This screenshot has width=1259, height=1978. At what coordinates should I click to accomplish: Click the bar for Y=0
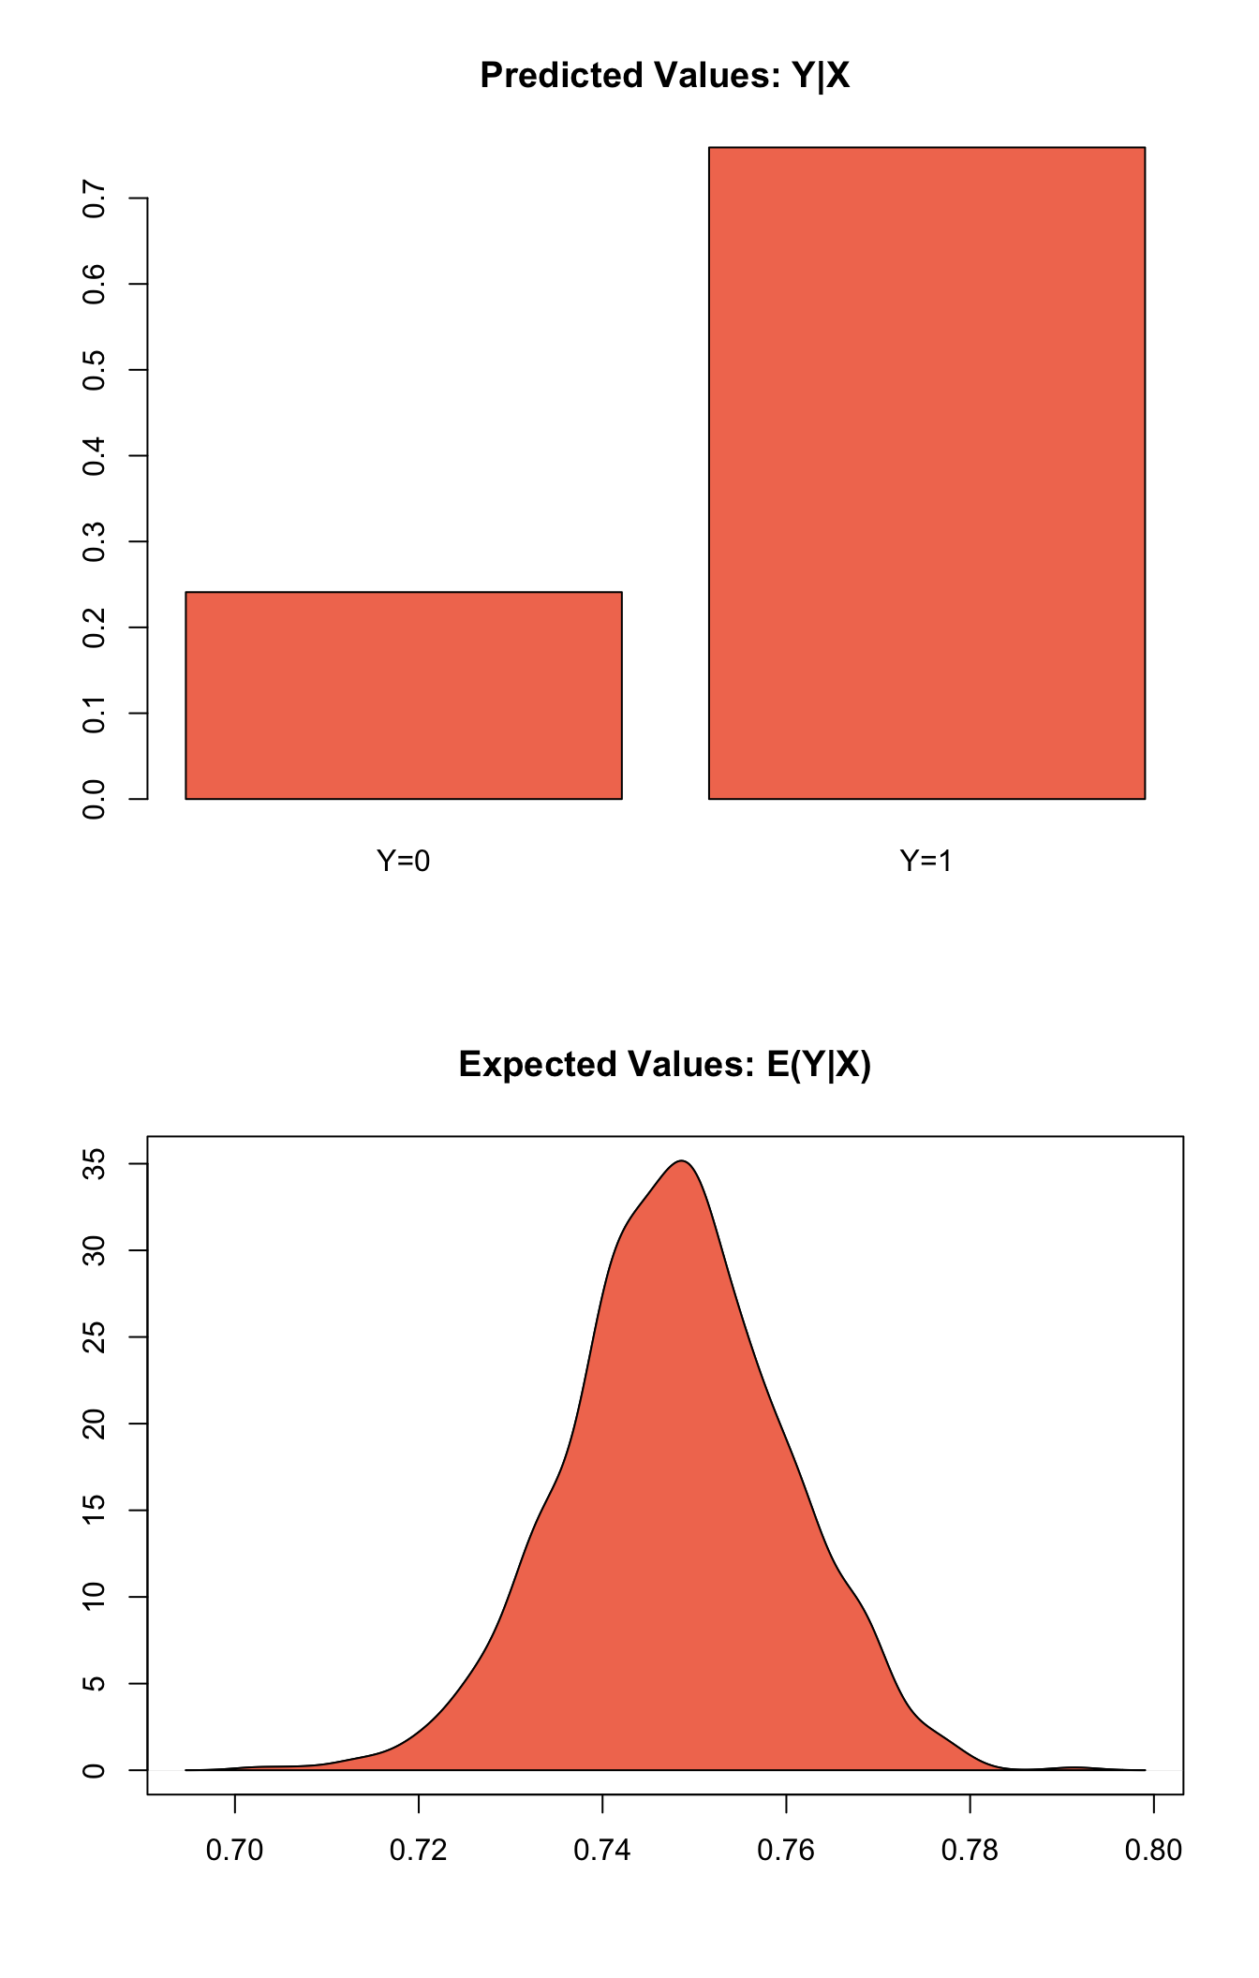pyautogui.click(x=404, y=695)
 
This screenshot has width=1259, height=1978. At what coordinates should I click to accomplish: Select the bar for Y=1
pyautogui.click(x=926, y=473)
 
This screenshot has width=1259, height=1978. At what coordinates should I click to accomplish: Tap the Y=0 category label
pyautogui.click(x=404, y=861)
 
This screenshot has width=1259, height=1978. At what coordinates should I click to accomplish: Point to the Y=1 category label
pyautogui.click(x=926, y=861)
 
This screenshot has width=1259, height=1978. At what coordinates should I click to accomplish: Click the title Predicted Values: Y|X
pyautogui.click(x=665, y=76)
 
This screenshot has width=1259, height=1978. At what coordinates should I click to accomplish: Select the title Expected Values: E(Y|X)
pyautogui.click(x=665, y=1065)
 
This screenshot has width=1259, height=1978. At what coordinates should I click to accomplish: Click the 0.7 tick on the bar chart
pyautogui.click(x=95, y=199)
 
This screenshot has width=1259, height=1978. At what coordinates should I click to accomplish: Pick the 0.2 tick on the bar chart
pyautogui.click(x=95, y=627)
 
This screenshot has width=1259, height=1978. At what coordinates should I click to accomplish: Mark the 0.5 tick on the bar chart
pyautogui.click(x=95, y=370)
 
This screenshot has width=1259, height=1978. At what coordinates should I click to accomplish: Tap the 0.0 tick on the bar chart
pyautogui.click(x=95, y=799)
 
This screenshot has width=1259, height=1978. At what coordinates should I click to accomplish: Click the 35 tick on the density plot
pyautogui.click(x=95, y=1164)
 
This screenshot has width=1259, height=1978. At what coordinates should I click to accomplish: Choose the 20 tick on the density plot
pyautogui.click(x=95, y=1424)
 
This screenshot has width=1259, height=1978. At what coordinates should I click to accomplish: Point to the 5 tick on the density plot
pyautogui.click(x=95, y=1684)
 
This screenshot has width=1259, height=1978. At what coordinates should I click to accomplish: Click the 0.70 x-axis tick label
pyautogui.click(x=235, y=1851)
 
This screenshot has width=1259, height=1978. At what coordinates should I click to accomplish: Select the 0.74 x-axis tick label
pyautogui.click(x=602, y=1851)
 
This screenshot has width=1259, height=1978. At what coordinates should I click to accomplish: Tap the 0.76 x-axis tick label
pyautogui.click(x=787, y=1851)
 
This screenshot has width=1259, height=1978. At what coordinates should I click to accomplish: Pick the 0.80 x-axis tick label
pyautogui.click(x=1154, y=1851)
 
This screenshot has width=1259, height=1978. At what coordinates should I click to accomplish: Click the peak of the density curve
pyautogui.click(x=684, y=1161)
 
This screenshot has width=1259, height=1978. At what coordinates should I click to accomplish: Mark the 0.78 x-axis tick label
pyautogui.click(x=970, y=1851)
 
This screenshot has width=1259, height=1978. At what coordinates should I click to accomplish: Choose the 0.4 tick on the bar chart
pyautogui.click(x=95, y=456)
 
